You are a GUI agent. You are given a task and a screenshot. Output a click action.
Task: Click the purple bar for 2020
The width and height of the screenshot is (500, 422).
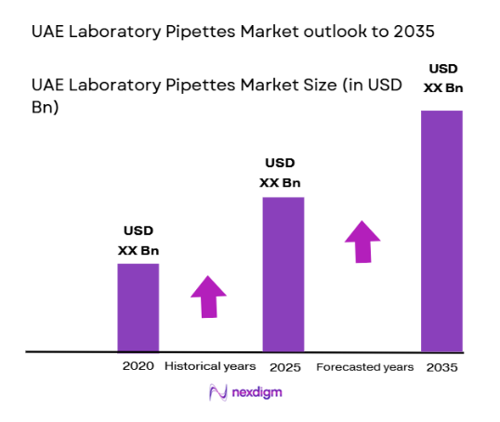(x=138, y=308)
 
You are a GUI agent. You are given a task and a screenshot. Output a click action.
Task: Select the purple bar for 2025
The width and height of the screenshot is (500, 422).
(x=283, y=274)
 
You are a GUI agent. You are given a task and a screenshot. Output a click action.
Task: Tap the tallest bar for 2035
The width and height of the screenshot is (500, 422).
(x=441, y=231)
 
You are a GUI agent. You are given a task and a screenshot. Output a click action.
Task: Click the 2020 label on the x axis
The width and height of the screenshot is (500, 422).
(x=138, y=366)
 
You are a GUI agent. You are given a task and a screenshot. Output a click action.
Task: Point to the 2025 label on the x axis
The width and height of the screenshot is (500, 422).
(x=283, y=367)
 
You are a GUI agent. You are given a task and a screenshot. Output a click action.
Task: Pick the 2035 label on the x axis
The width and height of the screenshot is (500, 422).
(x=441, y=367)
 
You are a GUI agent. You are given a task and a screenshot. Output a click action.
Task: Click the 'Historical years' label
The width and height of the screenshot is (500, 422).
(x=210, y=366)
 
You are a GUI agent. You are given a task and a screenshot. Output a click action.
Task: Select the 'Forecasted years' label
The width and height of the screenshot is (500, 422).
(x=365, y=367)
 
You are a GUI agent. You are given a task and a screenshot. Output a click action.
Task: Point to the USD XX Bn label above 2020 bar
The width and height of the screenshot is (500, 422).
(x=138, y=241)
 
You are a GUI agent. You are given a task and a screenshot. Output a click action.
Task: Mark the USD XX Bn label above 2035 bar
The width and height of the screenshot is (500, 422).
(x=442, y=77)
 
